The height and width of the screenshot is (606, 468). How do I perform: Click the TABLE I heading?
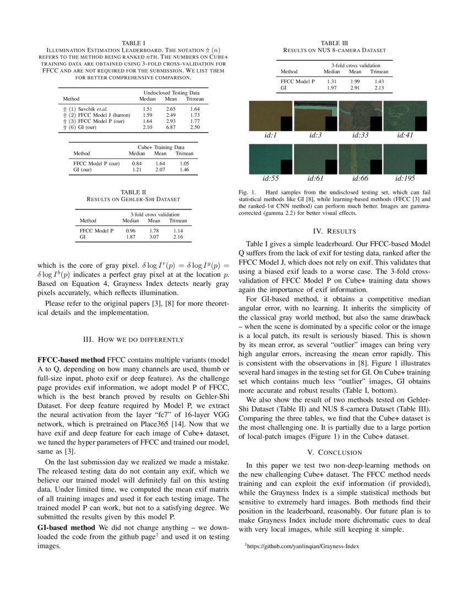pos(133,42)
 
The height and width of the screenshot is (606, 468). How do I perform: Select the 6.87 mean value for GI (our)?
pos(171,127)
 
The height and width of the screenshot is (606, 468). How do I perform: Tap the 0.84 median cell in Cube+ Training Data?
pos(137,164)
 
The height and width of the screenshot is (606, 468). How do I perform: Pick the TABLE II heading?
pos(133,192)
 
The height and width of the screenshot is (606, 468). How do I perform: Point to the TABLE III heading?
pos(334,43)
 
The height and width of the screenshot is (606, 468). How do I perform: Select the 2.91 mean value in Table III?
pos(355,88)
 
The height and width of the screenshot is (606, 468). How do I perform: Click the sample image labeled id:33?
pos(360,116)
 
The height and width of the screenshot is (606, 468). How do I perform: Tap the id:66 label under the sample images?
pos(360,178)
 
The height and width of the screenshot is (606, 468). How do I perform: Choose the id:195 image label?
pos(405,178)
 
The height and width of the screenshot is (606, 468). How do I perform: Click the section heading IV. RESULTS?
pos(334,231)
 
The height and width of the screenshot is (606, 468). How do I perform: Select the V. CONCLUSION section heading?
pos(334,452)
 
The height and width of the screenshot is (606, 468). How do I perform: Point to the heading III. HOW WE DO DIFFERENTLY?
pos(133,339)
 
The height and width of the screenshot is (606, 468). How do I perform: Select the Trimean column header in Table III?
pos(379,72)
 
